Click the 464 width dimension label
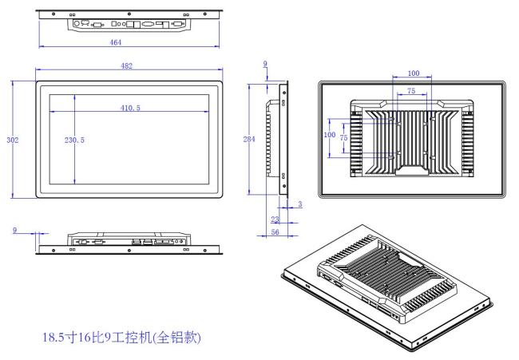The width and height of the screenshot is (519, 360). (116, 42)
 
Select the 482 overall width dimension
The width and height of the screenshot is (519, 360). (126, 65)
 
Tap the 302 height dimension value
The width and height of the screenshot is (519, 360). (13, 140)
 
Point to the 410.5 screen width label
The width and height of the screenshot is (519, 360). (130, 108)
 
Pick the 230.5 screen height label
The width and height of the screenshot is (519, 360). (74, 140)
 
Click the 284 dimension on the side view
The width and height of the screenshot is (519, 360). (249, 140)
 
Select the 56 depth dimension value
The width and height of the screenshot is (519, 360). (275, 232)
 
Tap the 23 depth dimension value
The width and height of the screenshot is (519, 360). (275, 220)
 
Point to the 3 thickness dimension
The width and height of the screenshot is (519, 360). (300, 204)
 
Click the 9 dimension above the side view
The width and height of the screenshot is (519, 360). (265, 64)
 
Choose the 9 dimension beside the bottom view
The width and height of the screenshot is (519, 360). (14, 230)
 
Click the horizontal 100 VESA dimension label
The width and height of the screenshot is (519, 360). (414, 73)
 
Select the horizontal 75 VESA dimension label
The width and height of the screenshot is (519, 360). (411, 91)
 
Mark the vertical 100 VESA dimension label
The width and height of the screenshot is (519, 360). (330, 135)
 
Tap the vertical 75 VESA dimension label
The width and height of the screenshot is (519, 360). (343, 137)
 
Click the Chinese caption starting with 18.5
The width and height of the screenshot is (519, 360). (122, 338)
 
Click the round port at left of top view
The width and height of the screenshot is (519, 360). (77, 23)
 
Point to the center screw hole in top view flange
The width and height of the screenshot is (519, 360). (129, 14)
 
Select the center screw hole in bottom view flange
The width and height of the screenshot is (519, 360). (129, 250)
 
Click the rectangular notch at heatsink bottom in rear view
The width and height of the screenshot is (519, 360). (412, 170)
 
